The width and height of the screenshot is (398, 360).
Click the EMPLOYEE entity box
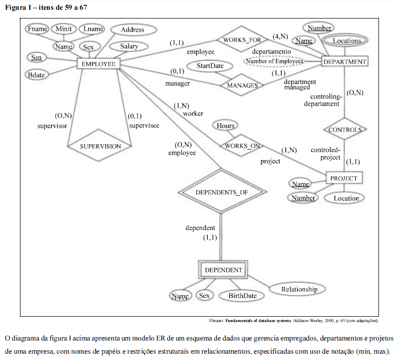(x=99, y=64)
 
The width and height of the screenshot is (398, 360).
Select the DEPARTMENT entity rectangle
(x=345, y=61)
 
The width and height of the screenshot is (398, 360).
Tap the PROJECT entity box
(x=344, y=178)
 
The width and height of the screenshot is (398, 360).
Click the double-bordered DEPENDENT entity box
(x=223, y=270)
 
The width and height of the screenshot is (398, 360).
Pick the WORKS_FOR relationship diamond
(x=242, y=39)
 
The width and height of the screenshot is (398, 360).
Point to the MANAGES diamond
(x=242, y=85)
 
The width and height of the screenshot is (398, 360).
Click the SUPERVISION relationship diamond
(x=99, y=146)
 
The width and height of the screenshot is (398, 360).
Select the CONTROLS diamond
(x=345, y=129)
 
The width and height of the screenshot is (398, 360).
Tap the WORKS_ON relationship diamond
(x=241, y=146)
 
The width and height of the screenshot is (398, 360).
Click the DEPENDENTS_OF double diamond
(x=222, y=191)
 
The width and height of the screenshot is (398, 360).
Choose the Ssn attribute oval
(x=37, y=57)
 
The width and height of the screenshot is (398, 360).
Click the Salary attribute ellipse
(x=129, y=46)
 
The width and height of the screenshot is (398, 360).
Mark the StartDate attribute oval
(x=210, y=66)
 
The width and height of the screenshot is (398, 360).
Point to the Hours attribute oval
(x=225, y=126)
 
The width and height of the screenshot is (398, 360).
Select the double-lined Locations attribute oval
(x=345, y=40)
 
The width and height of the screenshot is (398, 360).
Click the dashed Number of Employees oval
(x=275, y=61)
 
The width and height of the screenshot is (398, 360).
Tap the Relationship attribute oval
(x=297, y=289)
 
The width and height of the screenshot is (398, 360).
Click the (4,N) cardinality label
(x=280, y=37)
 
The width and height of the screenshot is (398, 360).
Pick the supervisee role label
(x=144, y=126)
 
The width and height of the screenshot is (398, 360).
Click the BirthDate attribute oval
(x=241, y=296)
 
